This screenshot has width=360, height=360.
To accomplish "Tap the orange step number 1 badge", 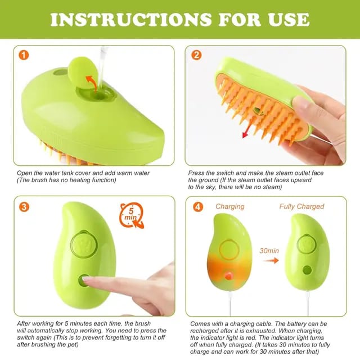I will click(x=24, y=55).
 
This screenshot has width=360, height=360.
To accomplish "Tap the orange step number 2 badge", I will click(x=197, y=55).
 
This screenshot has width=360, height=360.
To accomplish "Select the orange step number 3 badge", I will click(x=24, y=206).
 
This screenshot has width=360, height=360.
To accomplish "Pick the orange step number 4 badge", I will click(x=197, y=206).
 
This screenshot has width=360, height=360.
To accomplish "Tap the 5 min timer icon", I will click(x=130, y=215).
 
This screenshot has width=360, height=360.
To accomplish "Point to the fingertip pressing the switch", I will click(x=89, y=280).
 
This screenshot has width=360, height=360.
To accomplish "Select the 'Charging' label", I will click(x=229, y=206).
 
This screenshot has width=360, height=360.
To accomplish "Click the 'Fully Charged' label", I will click(x=301, y=206).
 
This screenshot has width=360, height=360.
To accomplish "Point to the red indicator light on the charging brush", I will click(x=229, y=276).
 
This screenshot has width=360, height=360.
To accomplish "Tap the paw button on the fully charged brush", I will click(x=306, y=244).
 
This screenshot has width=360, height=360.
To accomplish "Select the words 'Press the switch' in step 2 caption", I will click(x=211, y=173).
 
